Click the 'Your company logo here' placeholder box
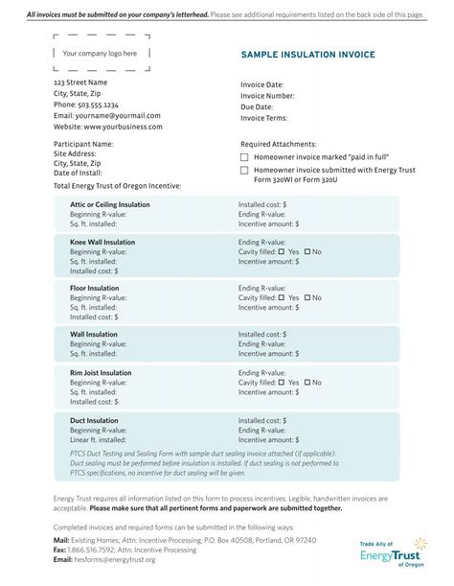coord(100,54)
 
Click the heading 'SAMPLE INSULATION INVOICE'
coord(307,55)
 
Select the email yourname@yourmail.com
coord(113,115)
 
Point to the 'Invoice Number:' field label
coord(267,96)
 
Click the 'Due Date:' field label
coord(257,107)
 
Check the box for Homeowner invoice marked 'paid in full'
coord(244,156)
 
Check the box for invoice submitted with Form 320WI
coord(244,170)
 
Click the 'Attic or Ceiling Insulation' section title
coord(110,204)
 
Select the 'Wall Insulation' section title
coord(94,335)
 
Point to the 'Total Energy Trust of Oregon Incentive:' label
coord(117,185)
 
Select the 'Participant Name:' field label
coord(83,144)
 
